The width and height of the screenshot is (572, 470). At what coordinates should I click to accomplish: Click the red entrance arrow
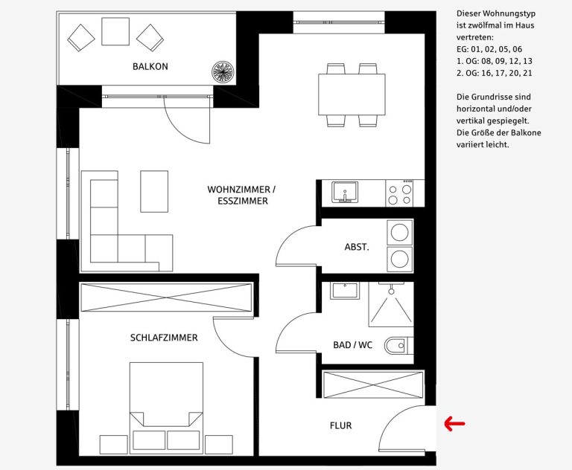click(x=454, y=424)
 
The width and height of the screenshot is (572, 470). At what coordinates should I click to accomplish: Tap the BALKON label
click(x=150, y=67)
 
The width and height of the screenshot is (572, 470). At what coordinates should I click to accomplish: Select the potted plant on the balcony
click(x=223, y=71)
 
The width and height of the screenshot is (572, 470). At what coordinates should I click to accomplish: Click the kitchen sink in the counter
click(x=344, y=192)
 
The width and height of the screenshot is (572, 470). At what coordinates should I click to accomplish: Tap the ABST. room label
click(x=357, y=247)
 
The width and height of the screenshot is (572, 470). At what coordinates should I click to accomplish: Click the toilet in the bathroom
click(x=398, y=345)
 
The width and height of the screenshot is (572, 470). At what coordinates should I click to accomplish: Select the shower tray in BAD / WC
click(x=391, y=305)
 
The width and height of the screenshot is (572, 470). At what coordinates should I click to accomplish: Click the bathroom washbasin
click(x=345, y=290)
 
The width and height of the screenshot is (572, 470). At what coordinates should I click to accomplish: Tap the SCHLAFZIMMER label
click(x=164, y=338)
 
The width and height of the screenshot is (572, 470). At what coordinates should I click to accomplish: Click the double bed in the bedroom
click(x=166, y=408)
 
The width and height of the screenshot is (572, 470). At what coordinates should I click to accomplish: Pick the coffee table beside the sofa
click(x=154, y=191)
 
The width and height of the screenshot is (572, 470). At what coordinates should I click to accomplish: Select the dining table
click(x=352, y=94)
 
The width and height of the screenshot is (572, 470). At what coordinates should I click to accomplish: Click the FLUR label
click(x=340, y=425)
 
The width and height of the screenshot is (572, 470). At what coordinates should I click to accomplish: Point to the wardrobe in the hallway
click(x=374, y=384)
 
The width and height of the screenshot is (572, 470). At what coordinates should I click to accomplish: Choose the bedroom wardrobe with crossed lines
click(x=166, y=297)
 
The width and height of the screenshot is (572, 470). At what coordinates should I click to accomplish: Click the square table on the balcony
click(x=115, y=31)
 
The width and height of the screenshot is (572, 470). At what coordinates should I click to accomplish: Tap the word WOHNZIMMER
click(x=239, y=190)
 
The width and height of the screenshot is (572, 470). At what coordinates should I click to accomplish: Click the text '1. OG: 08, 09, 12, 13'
click(x=495, y=61)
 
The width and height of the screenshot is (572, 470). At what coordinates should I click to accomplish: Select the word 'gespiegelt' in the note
click(x=504, y=121)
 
